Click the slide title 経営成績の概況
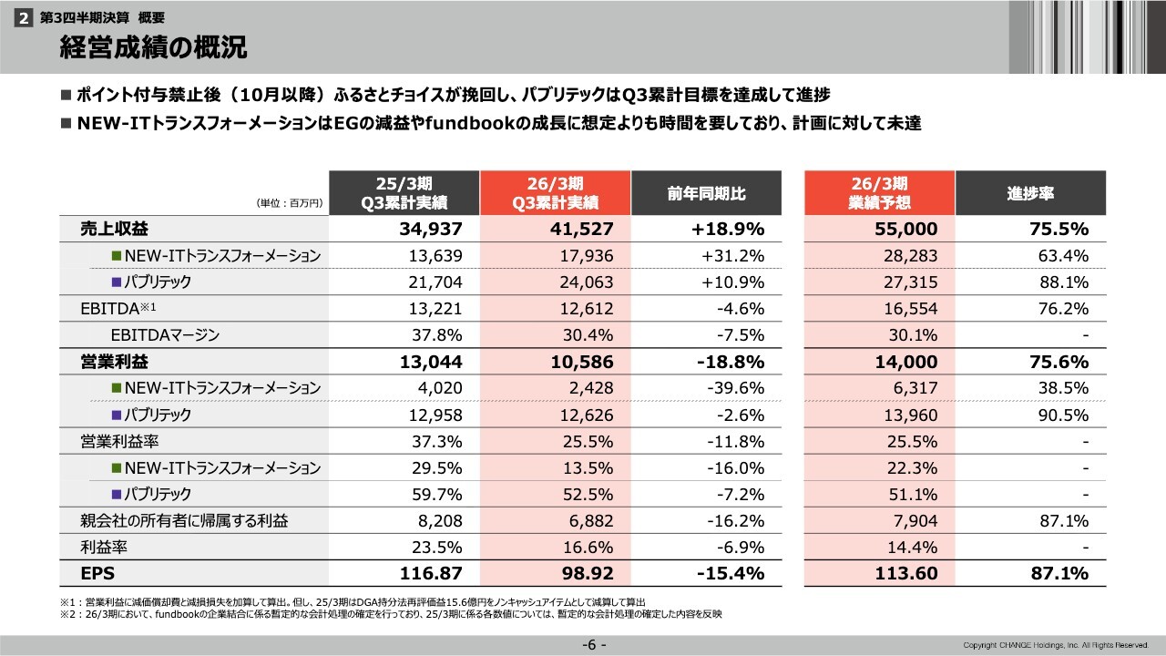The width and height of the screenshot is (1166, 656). pyautogui.click(x=152, y=48)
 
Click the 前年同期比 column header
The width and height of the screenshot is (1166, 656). pyautogui.click(x=706, y=193)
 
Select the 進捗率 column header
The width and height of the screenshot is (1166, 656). pyautogui.click(x=1030, y=193)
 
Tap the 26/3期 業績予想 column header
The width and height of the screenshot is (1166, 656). pyautogui.click(x=879, y=193)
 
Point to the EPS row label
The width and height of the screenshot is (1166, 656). pyautogui.click(x=96, y=574)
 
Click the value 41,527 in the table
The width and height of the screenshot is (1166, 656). pyautogui.click(x=583, y=229)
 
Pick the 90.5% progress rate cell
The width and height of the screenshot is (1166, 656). pyautogui.click(x=1063, y=415)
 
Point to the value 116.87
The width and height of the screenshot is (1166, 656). pyautogui.click(x=432, y=574)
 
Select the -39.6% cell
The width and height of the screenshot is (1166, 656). pyautogui.click(x=735, y=388)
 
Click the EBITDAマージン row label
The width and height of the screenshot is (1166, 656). pyautogui.click(x=164, y=335)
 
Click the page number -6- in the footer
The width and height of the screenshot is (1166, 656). pyautogui.click(x=594, y=645)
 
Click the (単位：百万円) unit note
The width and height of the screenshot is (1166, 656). pyautogui.click(x=291, y=205)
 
